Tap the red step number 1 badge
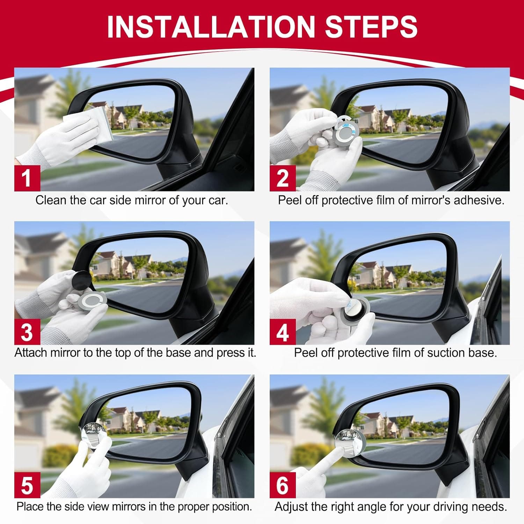pos(27,178)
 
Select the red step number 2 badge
pos(283,178)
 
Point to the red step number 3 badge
pos(27,332)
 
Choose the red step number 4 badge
pos(283,332)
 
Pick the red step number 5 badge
pos(27,485)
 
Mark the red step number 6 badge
pos(283,485)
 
